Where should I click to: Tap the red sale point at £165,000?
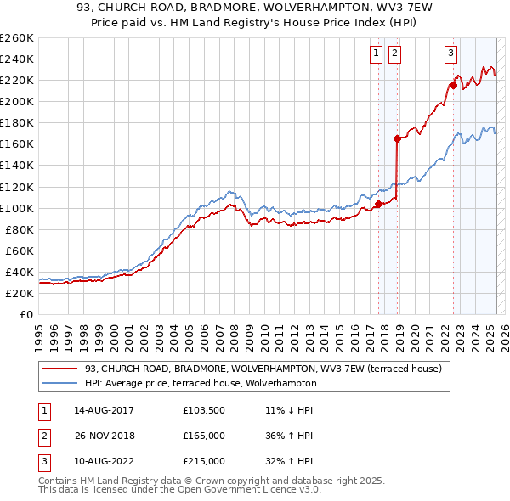[397, 138]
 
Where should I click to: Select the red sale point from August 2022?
[453, 85]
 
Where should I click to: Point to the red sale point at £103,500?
[378, 204]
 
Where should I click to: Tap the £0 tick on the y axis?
[27, 314]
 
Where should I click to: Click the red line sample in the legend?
[60, 369]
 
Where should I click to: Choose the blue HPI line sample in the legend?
[60, 383]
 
